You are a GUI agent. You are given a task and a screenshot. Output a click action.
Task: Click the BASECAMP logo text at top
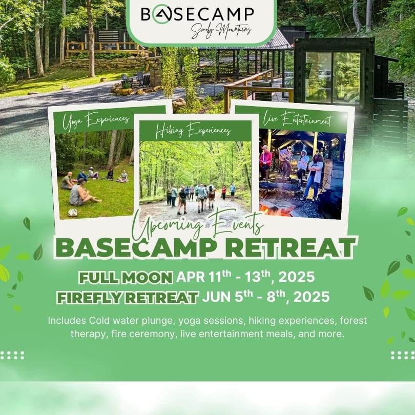(197, 14)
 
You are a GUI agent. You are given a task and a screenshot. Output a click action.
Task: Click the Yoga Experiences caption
(96, 120)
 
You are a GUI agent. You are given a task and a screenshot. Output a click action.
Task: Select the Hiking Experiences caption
(193, 131)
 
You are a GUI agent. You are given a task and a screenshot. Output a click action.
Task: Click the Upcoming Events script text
(198, 225)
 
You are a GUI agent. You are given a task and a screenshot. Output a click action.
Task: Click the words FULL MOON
(126, 278)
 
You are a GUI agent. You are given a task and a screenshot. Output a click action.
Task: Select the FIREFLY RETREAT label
(128, 297)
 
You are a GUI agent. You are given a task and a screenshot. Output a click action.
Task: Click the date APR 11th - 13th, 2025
(245, 277)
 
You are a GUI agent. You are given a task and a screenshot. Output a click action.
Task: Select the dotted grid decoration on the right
(402, 355)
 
